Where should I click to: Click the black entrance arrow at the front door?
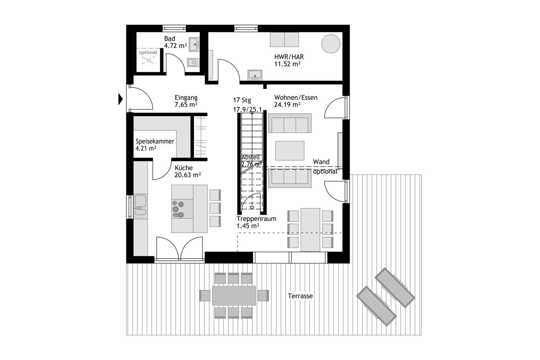point(120,99)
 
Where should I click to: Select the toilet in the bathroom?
point(192,62)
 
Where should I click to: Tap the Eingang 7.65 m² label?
point(186,101)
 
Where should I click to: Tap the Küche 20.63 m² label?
point(187,171)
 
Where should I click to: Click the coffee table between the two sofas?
point(290,150)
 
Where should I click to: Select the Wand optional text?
point(325,167)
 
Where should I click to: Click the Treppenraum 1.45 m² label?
point(256,222)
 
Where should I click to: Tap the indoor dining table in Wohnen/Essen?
point(310,229)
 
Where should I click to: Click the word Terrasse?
point(300,296)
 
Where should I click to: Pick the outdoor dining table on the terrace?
point(234,296)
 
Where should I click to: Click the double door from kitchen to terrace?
point(180,249)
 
